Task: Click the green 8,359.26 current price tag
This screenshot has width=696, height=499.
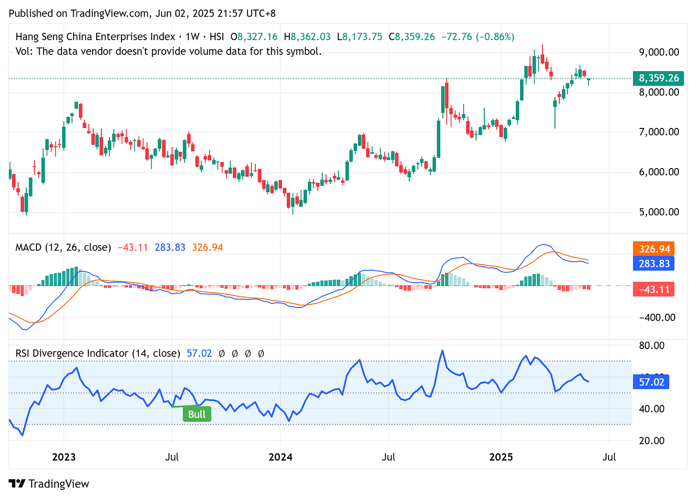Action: [x=658, y=78]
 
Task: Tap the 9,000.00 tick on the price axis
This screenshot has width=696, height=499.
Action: [x=659, y=52]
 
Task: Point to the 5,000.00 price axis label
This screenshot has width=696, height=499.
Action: [x=659, y=212]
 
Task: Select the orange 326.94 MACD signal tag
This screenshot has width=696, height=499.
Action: [x=653, y=249]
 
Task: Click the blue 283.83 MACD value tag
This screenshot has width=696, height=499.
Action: [x=653, y=264]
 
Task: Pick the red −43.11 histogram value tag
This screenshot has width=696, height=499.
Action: [x=653, y=289]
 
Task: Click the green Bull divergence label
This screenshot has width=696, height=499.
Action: [x=196, y=414]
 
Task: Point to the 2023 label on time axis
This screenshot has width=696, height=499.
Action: [x=64, y=457]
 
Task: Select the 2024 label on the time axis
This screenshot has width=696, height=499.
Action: [x=280, y=457]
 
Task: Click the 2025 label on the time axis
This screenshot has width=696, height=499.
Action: [x=501, y=457]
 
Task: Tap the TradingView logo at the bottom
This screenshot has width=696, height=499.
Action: [x=49, y=484]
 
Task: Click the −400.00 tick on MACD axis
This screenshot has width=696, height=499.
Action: [x=658, y=318]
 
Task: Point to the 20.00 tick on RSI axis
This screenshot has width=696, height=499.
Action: [x=652, y=440]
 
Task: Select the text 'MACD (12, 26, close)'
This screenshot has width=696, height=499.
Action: [x=63, y=247]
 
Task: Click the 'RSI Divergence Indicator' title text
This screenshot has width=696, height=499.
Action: [x=72, y=353]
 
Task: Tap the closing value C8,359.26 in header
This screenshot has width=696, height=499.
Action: [x=412, y=37]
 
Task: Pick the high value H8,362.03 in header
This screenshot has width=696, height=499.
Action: [x=307, y=37]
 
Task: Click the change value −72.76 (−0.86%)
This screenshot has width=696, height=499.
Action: [x=477, y=37]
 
